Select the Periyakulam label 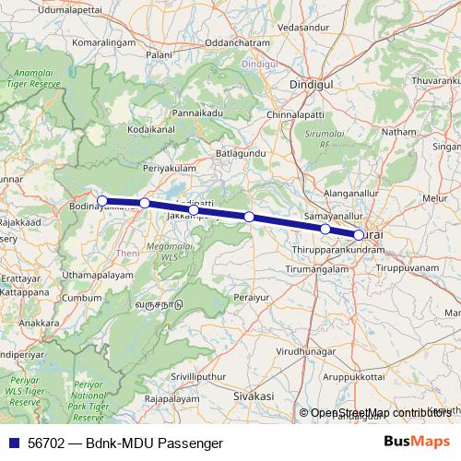pyautogui.click(x=171, y=171)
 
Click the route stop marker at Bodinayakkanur pyautogui.click(x=102, y=201)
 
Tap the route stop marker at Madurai pyautogui.click(x=359, y=235)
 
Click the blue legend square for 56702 pyautogui.click(x=12, y=443)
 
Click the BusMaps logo pyautogui.click(x=417, y=442)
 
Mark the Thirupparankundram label pyautogui.click(x=337, y=250)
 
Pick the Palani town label pyautogui.click(x=160, y=54)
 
